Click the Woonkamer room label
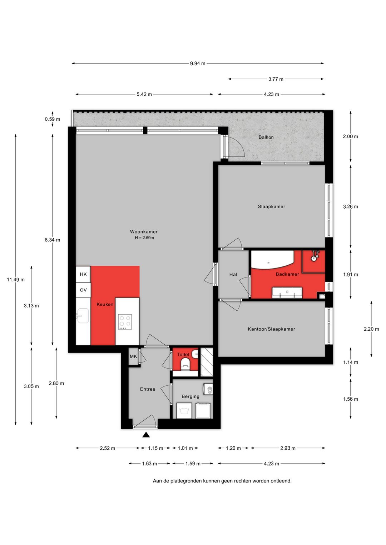pos(144,232)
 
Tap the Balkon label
pos(266,137)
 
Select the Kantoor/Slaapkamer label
pos(271,329)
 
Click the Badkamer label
pos(287,274)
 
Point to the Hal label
pos(233,274)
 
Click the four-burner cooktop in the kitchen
pos(125,322)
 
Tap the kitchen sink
pos(83,316)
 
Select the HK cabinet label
pos(83,274)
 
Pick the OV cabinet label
pos(83,290)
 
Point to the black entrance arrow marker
pos(146,435)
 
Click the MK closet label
pos(133,356)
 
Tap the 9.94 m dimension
pos(198,64)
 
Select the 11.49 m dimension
pos(16,280)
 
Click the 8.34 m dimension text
pos(52,240)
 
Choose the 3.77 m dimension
pos(276,79)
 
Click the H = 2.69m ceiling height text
pos(144,238)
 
